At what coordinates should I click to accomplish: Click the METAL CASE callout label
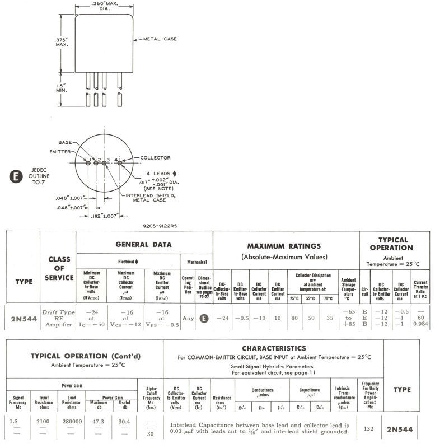(x=157, y=39)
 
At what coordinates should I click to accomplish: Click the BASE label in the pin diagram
(x=67, y=142)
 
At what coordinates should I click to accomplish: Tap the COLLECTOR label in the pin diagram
(x=155, y=158)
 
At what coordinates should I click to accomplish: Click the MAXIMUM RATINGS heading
(x=285, y=246)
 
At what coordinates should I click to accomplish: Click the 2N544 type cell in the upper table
(x=24, y=320)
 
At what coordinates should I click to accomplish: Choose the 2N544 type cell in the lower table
(x=400, y=430)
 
